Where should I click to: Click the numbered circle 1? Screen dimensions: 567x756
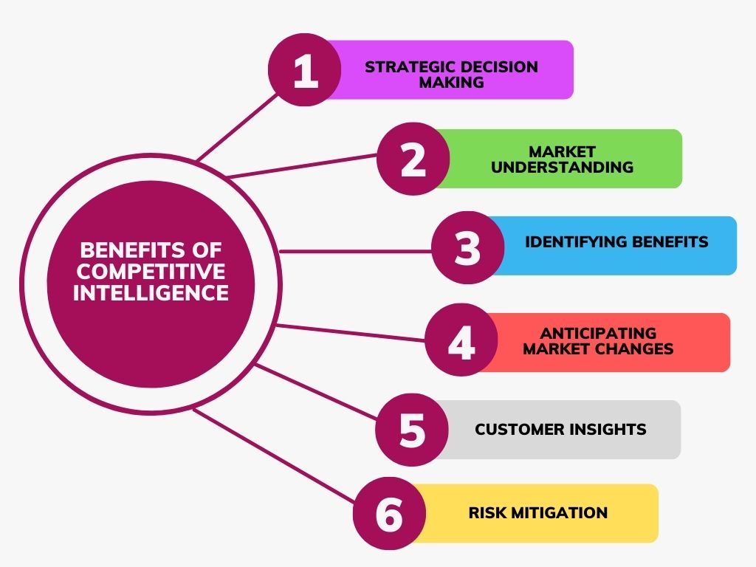point(305,72)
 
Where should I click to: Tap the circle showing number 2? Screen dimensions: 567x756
point(413,159)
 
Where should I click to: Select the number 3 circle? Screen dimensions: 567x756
point(467,247)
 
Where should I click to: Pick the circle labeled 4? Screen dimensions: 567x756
point(461,343)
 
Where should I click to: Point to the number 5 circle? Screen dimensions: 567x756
point(412,430)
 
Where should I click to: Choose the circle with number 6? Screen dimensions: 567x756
point(389,515)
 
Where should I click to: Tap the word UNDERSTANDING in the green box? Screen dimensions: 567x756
point(562,168)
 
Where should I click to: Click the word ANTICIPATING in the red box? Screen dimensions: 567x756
point(598,333)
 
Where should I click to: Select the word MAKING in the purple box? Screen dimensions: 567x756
point(451,83)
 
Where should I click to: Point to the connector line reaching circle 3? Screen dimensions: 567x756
point(354,251)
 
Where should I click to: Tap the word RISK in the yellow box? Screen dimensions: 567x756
point(487,512)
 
